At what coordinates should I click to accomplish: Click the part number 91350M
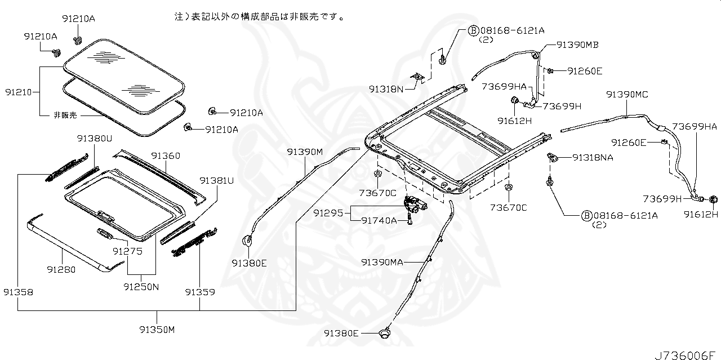click(x=157, y=330)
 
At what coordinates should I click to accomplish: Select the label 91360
click(x=166, y=156)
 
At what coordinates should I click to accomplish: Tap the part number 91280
click(x=61, y=269)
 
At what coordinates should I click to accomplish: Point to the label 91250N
click(x=141, y=287)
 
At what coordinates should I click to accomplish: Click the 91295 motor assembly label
click(x=328, y=213)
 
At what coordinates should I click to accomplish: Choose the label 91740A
click(x=379, y=221)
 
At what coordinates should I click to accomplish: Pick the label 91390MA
click(x=382, y=263)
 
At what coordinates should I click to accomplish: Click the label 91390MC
click(x=627, y=94)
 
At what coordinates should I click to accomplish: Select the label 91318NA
click(x=593, y=157)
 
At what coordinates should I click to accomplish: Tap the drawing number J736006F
click(x=685, y=355)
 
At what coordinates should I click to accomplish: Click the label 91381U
click(x=217, y=181)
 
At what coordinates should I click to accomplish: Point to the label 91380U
click(x=94, y=139)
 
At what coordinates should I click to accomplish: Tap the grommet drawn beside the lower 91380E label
click(x=384, y=333)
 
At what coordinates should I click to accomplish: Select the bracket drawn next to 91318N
click(x=418, y=77)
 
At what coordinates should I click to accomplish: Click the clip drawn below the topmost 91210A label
click(x=77, y=41)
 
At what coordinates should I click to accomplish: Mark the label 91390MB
click(x=577, y=45)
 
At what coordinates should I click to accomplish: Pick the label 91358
click(x=19, y=292)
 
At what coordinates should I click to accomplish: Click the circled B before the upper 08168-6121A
click(x=473, y=31)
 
